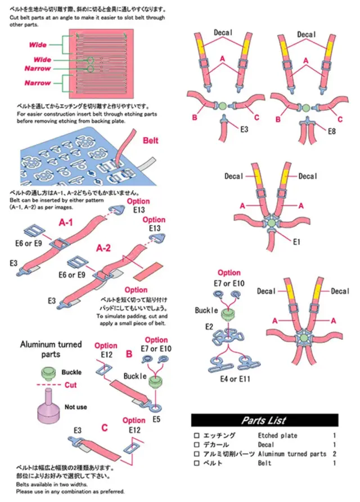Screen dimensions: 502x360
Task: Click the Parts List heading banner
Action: [x=264, y=420]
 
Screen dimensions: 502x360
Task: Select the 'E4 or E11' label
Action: [x=236, y=379]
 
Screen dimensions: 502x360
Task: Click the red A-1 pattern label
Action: [x=67, y=223]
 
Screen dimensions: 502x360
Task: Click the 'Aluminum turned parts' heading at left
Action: [x=51, y=349]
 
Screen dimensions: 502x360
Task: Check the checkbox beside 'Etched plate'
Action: [x=196, y=436]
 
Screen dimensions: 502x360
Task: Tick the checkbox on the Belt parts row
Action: [x=196, y=463]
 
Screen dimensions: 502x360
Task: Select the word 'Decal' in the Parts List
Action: [x=268, y=445]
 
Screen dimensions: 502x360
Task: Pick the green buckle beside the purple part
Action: [x=48, y=372]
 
